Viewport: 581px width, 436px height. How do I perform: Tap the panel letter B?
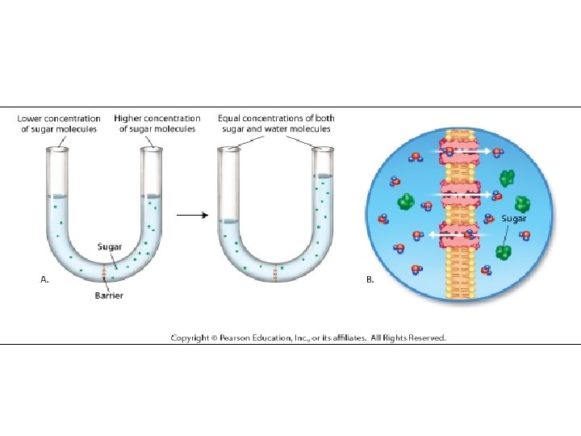coord(370,279)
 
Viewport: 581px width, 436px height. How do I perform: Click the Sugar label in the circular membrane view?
coord(514,218)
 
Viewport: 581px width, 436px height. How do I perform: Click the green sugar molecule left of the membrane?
coord(406,201)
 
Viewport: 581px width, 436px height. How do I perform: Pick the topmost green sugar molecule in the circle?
coord(508,178)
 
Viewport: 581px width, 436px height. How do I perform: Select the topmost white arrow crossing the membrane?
coord(467,151)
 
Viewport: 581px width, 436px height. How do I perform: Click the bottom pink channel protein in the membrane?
coord(460,236)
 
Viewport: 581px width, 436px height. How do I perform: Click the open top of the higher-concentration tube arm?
coord(150,149)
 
